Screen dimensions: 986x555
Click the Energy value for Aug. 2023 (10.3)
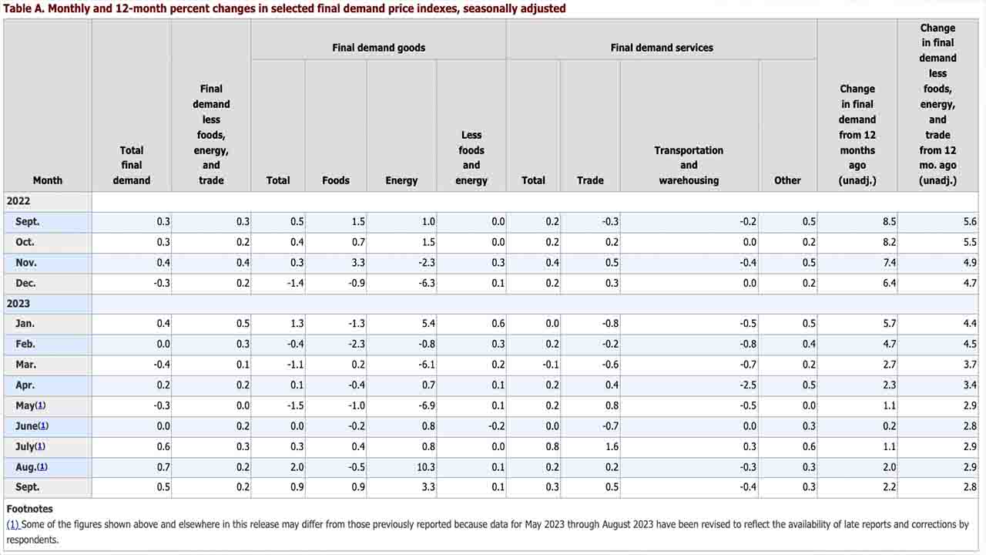point(426,467)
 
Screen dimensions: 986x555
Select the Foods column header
point(335,180)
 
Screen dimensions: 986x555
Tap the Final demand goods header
point(378,48)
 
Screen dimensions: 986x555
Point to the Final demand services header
point(662,48)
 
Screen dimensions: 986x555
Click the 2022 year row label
point(18,201)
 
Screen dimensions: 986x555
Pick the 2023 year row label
point(18,304)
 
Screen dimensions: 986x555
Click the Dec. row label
point(25,283)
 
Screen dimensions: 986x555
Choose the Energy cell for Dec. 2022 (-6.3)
point(427,283)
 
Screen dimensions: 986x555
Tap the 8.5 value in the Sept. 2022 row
point(889,221)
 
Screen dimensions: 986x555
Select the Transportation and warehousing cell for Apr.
point(748,385)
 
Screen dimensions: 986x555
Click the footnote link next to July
point(39,446)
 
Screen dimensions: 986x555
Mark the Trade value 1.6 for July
point(612,446)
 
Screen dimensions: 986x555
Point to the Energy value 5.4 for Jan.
point(428,324)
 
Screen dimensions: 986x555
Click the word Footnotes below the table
point(29,509)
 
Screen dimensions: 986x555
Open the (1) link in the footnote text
point(13,524)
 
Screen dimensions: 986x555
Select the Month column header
point(48,180)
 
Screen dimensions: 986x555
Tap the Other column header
point(787,180)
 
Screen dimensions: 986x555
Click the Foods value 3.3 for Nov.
point(358,263)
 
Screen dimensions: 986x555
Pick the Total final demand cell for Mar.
point(162,365)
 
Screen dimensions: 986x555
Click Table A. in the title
point(24,8)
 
